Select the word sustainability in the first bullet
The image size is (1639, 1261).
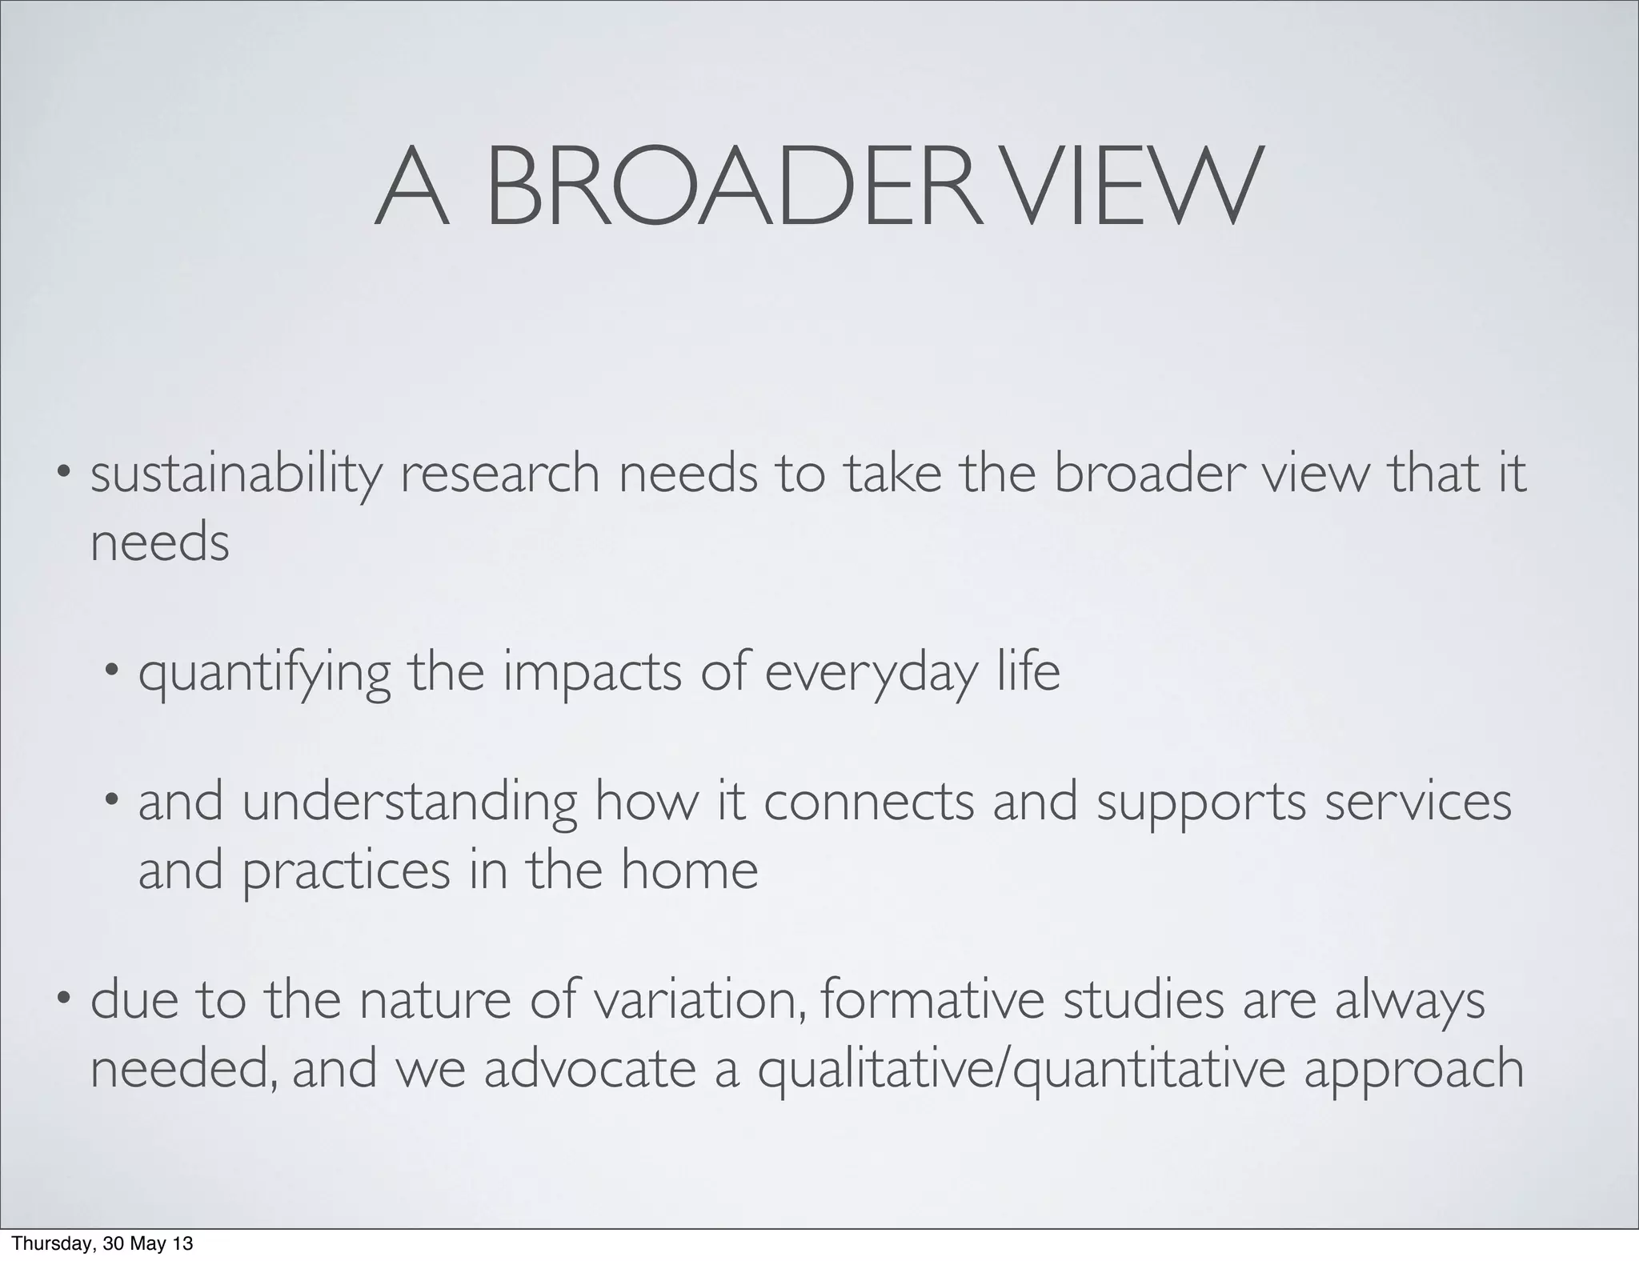tap(236, 474)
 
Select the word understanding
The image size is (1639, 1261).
tap(409, 804)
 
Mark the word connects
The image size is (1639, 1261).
tap(868, 803)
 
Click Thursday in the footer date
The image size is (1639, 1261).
tap(47, 1244)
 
